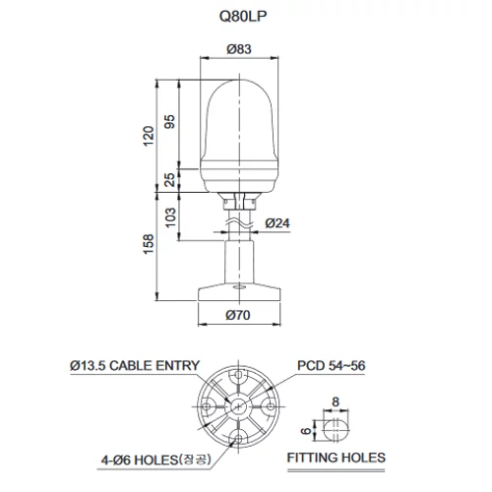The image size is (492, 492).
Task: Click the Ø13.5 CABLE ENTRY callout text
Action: pyautogui.click(x=135, y=366)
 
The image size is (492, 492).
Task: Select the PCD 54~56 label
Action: pyautogui.click(x=331, y=366)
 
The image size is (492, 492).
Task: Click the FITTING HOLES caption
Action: pyautogui.click(x=336, y=458)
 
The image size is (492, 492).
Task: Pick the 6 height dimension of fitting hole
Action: pyautogui.click(x=309, y=430)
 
